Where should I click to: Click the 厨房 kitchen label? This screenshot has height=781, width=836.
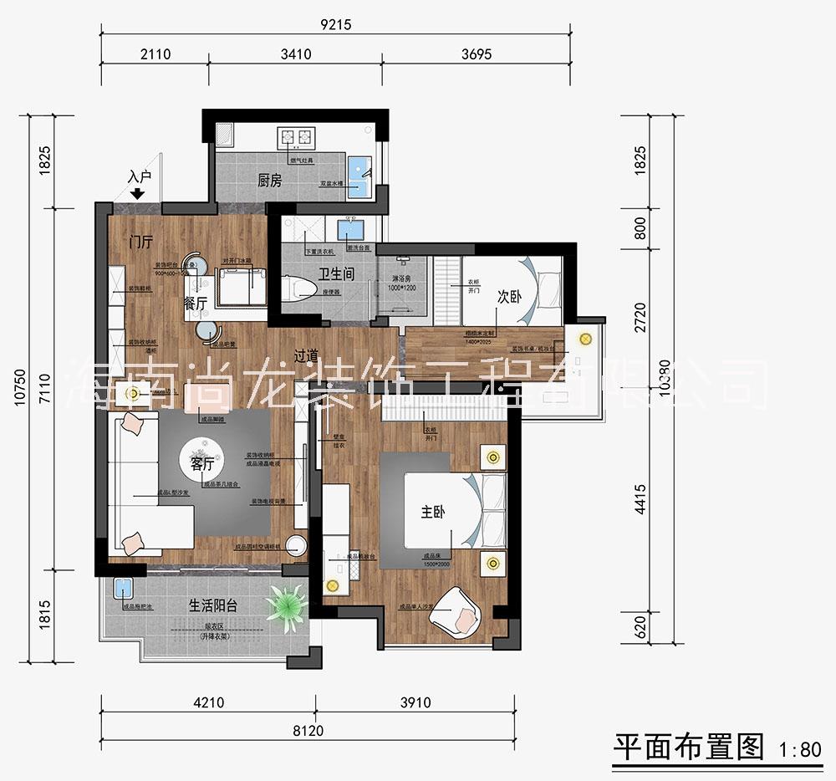[x=269, y=180]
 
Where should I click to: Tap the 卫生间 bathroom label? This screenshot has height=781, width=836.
[x=336, y=273]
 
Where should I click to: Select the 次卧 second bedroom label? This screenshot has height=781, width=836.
[x=509, y=297]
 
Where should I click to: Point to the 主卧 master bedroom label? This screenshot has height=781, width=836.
[x=433, y=513]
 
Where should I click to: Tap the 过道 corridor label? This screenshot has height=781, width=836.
[x=305, y=355]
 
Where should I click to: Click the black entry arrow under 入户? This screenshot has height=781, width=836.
[x=139, y=194]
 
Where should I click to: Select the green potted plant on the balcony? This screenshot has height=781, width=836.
[x=288, y=601]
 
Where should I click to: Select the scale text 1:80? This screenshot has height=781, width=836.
[x=799, y=749]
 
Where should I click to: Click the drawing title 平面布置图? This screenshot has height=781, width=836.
[x=689, y=746]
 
